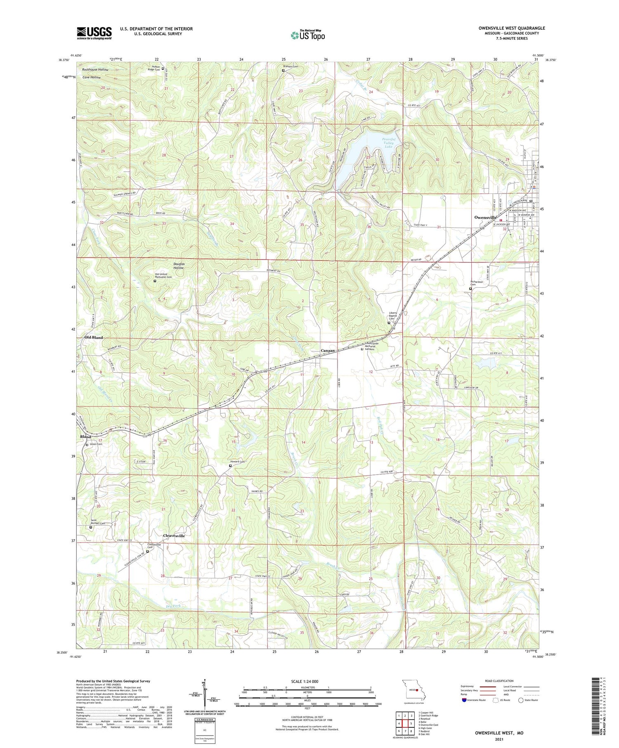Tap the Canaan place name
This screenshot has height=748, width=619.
(328, 351)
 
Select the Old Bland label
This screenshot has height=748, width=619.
(94, 337)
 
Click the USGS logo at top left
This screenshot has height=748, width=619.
(94, 33)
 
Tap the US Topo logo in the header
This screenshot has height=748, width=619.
(307, 35)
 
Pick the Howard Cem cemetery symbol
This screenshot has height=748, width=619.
(230, 466)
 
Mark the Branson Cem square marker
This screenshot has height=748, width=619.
(283, 71)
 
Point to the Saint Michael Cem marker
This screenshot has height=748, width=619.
(91, 527)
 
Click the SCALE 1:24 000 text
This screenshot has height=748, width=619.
(303, 681)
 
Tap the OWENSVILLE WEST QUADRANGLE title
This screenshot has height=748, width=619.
(512, 28)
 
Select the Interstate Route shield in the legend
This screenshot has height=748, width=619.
(465, 700)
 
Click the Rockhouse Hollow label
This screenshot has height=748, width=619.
(95, 70)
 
